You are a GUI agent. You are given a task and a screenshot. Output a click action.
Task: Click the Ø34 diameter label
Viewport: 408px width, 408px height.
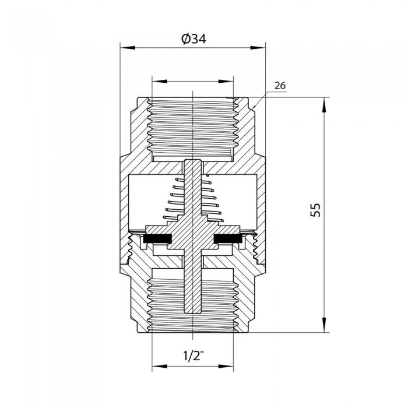(192, 38)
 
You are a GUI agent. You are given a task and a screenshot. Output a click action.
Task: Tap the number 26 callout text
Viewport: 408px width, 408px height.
(280, 86)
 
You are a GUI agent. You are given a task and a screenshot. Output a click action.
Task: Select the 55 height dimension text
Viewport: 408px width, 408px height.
(315, 210)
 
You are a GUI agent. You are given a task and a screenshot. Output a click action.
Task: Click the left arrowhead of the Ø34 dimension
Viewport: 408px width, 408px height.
(125, 48)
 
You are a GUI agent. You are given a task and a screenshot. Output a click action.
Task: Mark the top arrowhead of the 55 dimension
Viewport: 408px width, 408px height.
(322, 103)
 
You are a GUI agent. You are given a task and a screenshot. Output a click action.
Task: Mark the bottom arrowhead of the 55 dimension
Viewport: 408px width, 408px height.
(322, 328)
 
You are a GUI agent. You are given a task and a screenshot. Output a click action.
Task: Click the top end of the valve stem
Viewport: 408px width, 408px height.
(192, 161)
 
